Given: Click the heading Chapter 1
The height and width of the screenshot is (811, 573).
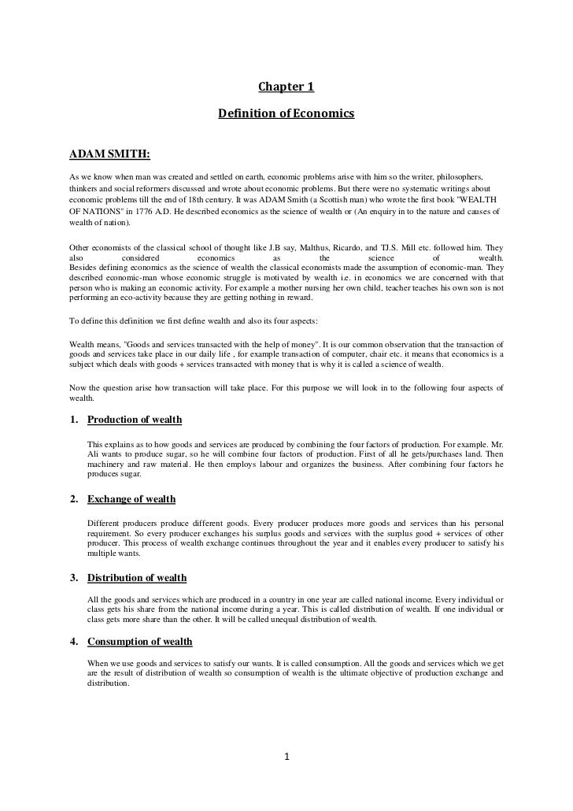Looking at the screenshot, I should click(286, 86).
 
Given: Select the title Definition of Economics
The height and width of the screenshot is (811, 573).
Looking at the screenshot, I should click(286, 115).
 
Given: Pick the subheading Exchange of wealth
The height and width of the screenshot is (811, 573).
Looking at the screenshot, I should click(131, 499).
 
